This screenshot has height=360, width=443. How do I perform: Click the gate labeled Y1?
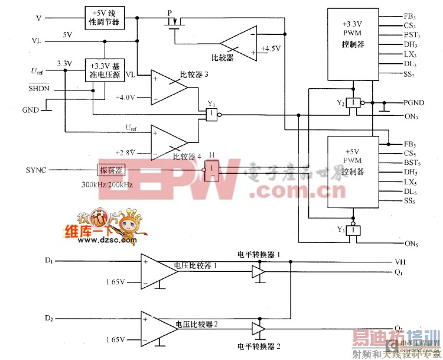[210, 115]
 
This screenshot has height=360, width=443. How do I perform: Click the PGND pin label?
[413, 103]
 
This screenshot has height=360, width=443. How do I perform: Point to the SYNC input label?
[37, 170]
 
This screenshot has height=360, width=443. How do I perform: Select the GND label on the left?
[30, 110]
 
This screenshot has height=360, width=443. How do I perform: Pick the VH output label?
[399, 262]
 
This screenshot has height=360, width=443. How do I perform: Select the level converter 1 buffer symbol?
[258, 272]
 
